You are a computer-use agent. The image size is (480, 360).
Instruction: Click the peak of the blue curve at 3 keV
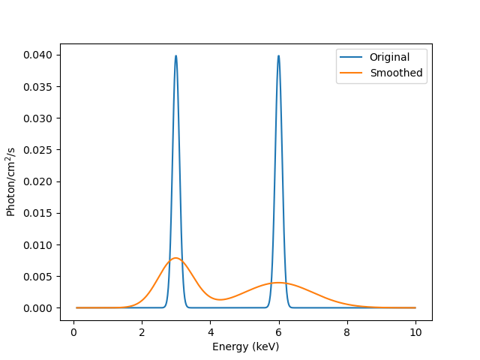tap(176, 56)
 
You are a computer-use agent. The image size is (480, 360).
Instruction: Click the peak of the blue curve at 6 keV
tap(278, 56)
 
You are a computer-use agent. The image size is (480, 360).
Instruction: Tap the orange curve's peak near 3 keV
tap(175, 258)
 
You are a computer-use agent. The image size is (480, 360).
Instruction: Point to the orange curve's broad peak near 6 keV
tap(278, 283)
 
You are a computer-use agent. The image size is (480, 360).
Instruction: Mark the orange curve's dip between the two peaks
tap(220, 299)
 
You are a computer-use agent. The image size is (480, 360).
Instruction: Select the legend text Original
tap(389, 57)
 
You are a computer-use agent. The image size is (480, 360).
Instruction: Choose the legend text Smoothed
tap(396, 73)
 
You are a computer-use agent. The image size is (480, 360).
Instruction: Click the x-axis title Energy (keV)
tap(245, 346)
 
